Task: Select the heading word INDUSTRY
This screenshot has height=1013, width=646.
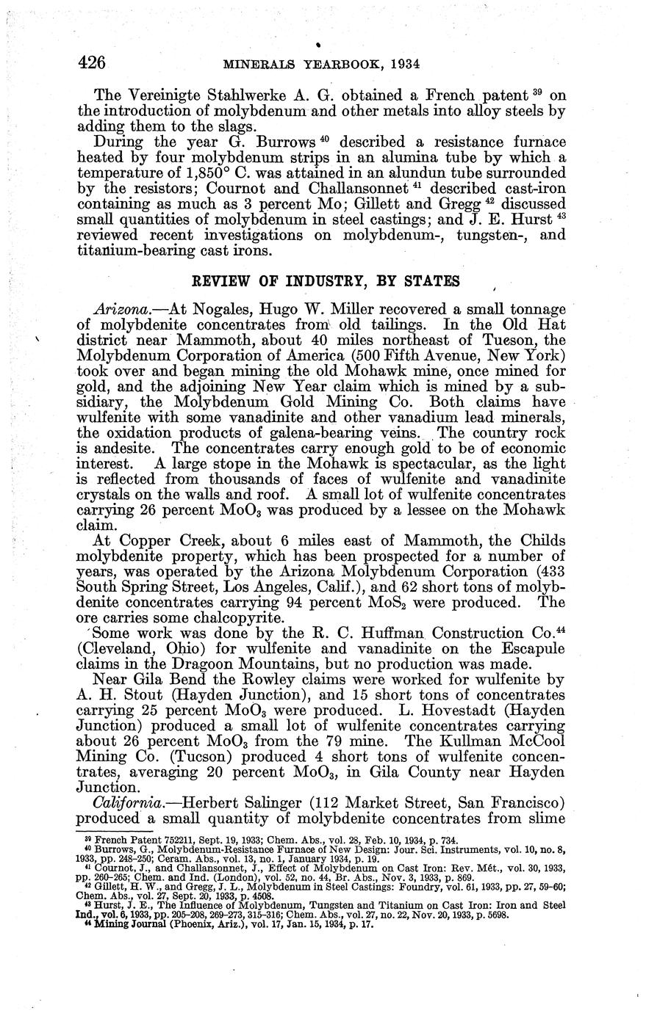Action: click(x=290, y=280)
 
